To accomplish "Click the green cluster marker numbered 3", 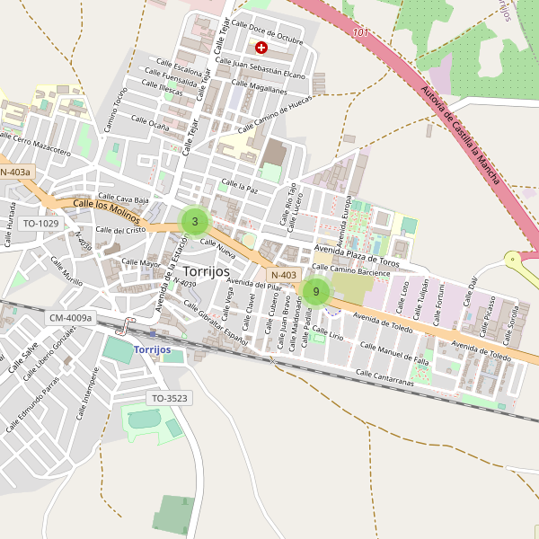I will pos(195,221).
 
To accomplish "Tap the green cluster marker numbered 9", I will pos(316,291).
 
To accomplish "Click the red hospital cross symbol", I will pos(261,47).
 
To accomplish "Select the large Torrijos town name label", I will pos(206,270).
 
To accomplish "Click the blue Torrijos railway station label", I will pos(158,349).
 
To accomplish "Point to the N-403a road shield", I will pos(15,172).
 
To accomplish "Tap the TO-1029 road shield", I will pos(40,223).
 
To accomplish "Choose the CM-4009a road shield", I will pos(70,317).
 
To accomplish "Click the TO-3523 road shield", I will pos(169,397).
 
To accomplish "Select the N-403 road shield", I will pos(283,275).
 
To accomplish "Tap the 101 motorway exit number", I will pos(361,33).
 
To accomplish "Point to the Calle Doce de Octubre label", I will pos(267,31).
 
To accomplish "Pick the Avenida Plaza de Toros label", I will pos(357,256).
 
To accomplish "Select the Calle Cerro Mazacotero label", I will pos(35,144).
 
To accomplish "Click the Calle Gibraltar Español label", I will pos(216,323).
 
